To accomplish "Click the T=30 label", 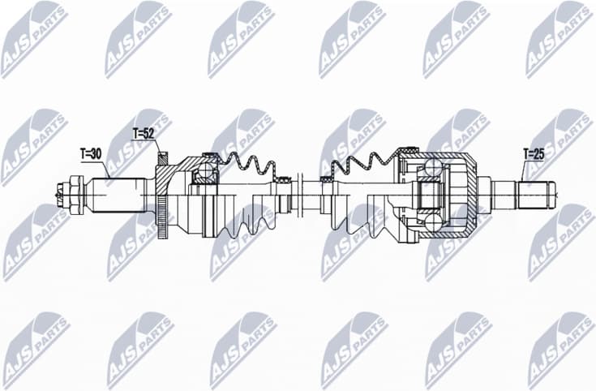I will point(92,153).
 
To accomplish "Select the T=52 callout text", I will point(144,132).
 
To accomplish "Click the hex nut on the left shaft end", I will point(75,194).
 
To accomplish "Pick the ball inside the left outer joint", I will point(206,171).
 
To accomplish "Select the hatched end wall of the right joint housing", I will point(469,195).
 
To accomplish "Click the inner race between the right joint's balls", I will point(427,195).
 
